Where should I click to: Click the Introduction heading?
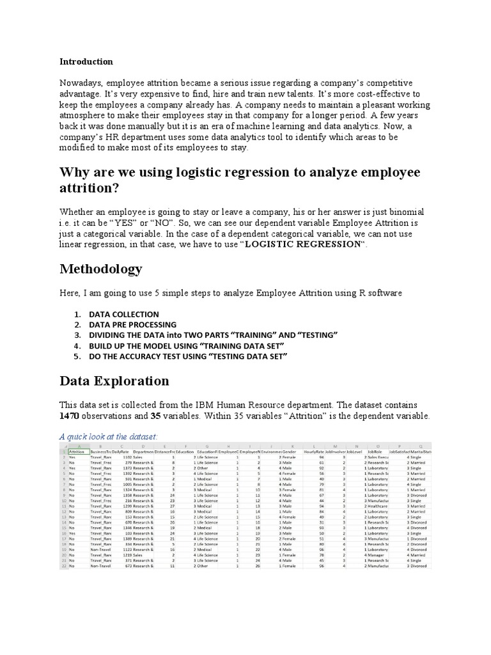tap(86, 62)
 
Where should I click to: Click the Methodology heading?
tap(101, 268)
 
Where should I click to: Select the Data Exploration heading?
tap(114, 381)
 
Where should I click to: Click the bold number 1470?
tap(70, 416)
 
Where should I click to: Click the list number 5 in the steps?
tap(77, 356)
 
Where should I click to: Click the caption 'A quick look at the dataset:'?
tap(108, 436)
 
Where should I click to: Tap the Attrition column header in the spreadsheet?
tap(76, 452)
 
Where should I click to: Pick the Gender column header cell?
tap(290, 452)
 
